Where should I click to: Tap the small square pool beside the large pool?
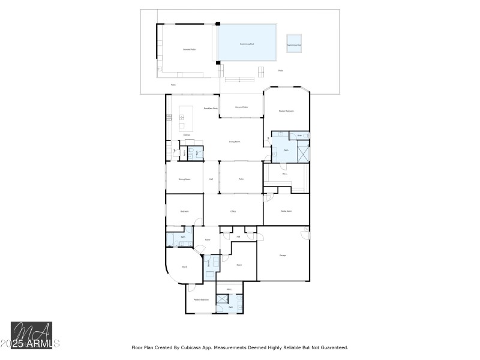click(293, 43)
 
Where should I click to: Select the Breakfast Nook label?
click(210, 109)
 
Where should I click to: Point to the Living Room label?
click(235, 142)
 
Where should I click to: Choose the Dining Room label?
click(184, 179)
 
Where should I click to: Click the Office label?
click(233, 212)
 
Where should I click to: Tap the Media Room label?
click(286, 211)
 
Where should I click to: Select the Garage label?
click(283, 256)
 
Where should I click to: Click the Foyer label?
click(207, 239)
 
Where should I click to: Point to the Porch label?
click(185, 266)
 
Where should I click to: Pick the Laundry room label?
click(209, 262)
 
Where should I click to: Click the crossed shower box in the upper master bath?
click(302, 152)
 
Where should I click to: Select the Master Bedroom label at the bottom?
click(201, 299)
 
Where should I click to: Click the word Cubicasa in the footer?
click(196, 347)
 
